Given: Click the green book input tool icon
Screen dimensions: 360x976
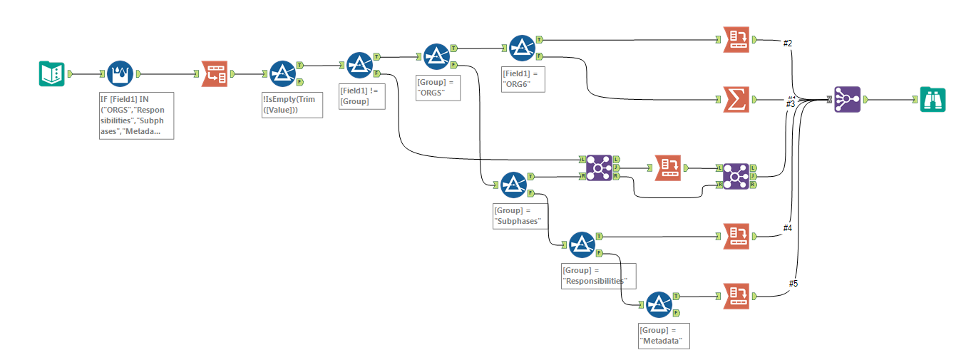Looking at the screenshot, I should coord(51,73).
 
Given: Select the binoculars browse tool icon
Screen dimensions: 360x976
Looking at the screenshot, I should coord(933,100).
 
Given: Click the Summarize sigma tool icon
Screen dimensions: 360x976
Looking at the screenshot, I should coord(736,101).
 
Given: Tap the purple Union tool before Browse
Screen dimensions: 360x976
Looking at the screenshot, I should coord(847,100).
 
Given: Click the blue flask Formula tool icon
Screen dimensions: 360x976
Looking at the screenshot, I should coord(120,73).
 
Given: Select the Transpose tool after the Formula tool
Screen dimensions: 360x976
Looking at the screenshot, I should coord(215,73).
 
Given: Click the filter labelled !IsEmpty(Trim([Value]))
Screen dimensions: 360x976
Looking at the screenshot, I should coord(283,73).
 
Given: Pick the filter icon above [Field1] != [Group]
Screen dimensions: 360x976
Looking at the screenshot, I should coord(359,66).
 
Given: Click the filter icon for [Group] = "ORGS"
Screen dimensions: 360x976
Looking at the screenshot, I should coord(436,56).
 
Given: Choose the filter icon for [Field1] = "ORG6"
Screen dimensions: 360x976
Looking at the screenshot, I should coord(522,48).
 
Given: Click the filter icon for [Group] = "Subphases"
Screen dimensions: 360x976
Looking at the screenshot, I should coord(513,185).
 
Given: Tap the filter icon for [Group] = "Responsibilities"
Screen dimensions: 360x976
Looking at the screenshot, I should coord(582,245).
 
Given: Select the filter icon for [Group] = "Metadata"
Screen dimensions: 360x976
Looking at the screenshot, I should coord(659,304).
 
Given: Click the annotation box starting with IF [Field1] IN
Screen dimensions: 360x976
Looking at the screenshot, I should coord(136,115).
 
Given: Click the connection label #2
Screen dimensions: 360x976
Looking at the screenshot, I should coord(788,43).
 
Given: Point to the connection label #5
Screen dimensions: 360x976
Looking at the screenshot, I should coord(793,284).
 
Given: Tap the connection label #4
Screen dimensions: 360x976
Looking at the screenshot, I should coord(788,227).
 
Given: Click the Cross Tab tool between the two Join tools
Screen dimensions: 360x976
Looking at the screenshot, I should coord(668,168).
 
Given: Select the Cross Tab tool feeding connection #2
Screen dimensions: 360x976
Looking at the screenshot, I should coord(736,40).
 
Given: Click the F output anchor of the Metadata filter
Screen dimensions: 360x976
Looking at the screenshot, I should coord(675,313).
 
